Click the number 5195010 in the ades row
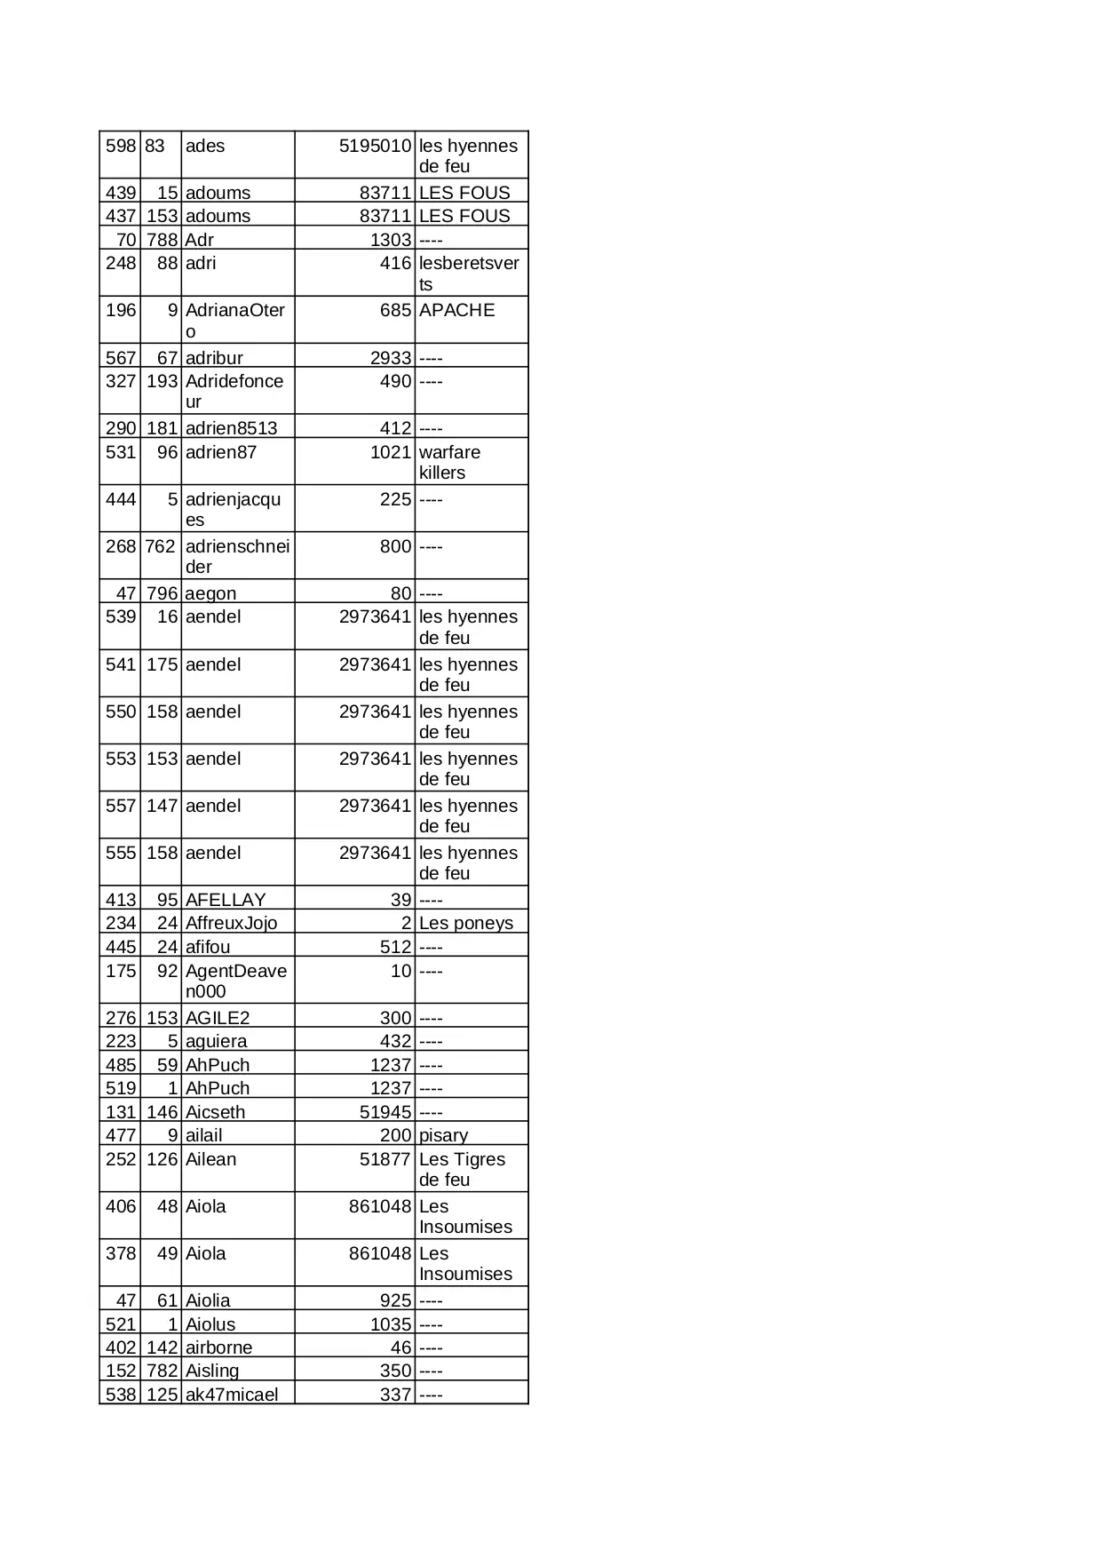(375, 147)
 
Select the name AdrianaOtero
(234, 321)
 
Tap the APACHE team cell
(456, 311)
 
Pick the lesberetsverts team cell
(469, 274)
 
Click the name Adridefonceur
(234, 392)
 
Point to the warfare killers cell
(449, 463)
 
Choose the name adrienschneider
(237, 557)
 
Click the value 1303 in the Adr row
(391, 240)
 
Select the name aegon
(210, 593)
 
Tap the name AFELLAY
(225, 900)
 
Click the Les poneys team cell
(465, 924)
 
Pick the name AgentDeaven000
(235, 982)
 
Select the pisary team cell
(443, 1135)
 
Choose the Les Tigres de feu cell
(462, 1170)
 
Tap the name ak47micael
(231, 1395)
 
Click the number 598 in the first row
(121, 147)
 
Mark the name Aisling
(212, 1371)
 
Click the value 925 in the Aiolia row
(395, 1300)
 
